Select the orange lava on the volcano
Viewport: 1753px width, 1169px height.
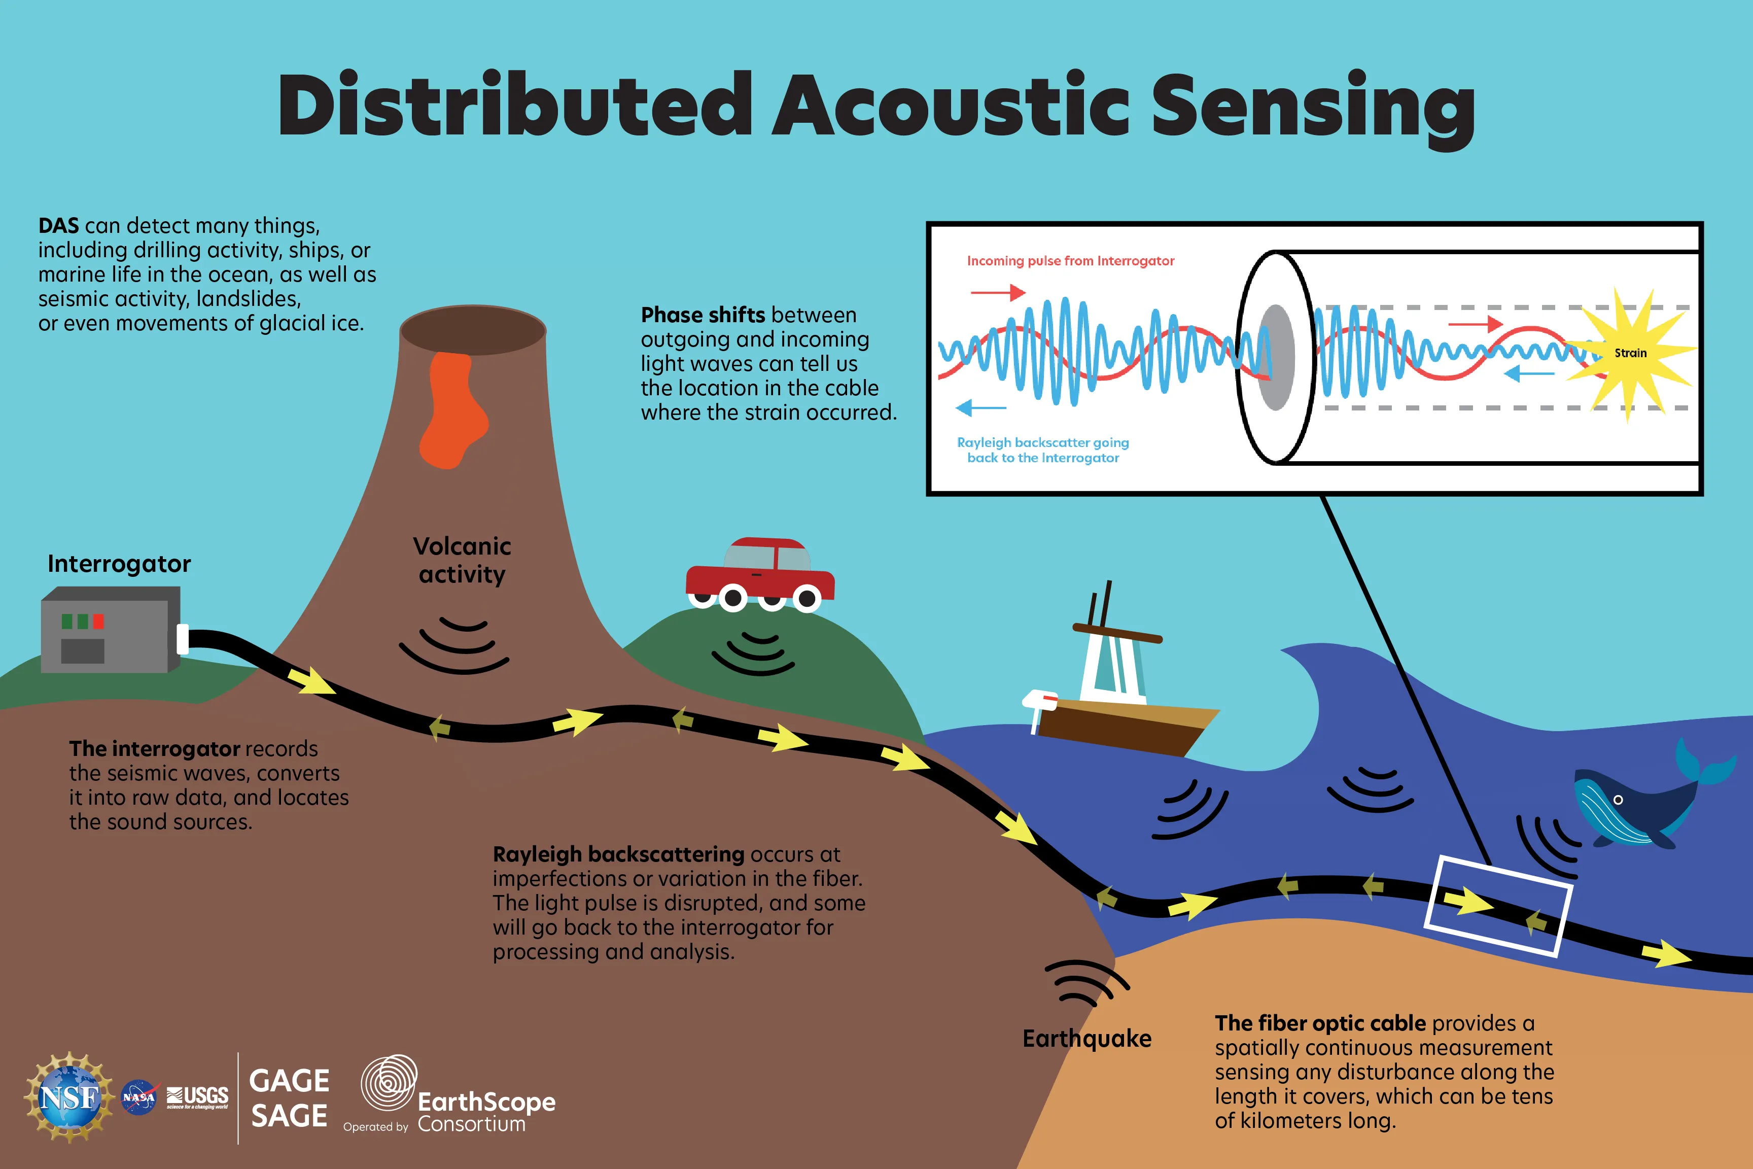pyautogui.click(x=451, y=410)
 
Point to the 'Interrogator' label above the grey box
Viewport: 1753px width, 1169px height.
pyautogui.click(x=119, y=564)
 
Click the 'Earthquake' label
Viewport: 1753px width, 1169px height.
pyautogui.click(x=1086, y=1039)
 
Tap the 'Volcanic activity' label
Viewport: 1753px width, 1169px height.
pyautogui.click(x=462, y=560)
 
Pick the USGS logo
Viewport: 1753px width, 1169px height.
pyautogui.click(x=197, y=1096)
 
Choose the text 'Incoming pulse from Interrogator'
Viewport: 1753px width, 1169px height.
pyautogui.click(x=1070, y=261)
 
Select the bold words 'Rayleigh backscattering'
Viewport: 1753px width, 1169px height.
pyautogui.click(x=619, y=854)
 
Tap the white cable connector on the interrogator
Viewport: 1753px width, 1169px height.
pyautogui.click(x=183, y=639)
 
